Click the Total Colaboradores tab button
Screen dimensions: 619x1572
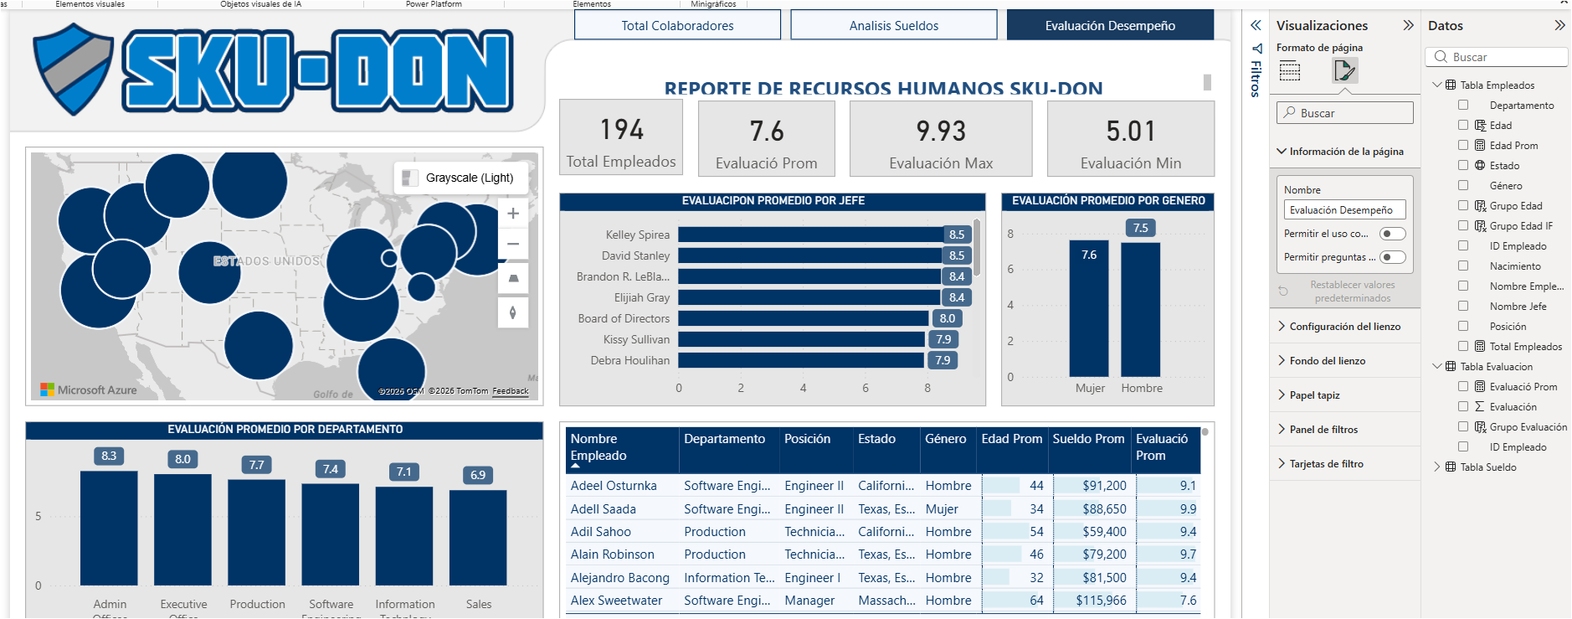pos(677,25)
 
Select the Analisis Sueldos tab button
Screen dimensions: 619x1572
pos(893,25)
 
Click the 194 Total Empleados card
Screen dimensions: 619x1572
pos(621,138)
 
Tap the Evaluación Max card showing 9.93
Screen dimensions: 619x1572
pos(941,139)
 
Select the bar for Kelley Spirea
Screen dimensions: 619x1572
pos(810,235)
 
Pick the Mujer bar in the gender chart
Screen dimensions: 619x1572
pos(1088,310)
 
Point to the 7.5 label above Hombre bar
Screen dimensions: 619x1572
pos(1141,228)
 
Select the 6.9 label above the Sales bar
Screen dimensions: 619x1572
pos(478,475)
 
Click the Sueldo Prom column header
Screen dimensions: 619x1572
pos(1088,439)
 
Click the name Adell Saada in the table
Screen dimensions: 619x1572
pos(604,509)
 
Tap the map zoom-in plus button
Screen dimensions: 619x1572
pos(513,214)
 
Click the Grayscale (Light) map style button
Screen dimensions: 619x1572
pos(460,178)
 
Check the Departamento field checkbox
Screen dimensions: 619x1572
pos(1463,105)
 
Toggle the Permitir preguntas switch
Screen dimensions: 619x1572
pos(1393,257)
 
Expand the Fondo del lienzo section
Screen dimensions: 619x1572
pos(1328,361)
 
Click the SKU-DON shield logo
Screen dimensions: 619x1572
pos(74,69)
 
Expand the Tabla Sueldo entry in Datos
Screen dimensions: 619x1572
pos(1437,467)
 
